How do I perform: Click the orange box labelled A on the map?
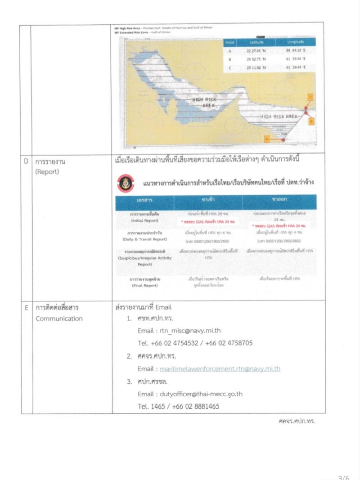pyautogui.click(x=266, y=139)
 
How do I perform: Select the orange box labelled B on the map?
pyautogui.click(x=311, y=121)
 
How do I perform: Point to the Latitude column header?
pyautogui.click(x=256, y=42)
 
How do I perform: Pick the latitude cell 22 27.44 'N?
pyautogui.click(x=256, y=50)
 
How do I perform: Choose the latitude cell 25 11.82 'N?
pyautogui.click(x=256, y=67)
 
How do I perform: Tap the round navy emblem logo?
pyautogui.click(x=124, y=182)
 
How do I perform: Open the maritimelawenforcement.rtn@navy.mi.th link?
pyautogui.click(x=220, y=369)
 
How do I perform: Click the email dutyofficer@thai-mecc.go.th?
pyautogui.click(x=201, y=394)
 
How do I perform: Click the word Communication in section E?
pyautogui.click(x=59, y=319)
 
